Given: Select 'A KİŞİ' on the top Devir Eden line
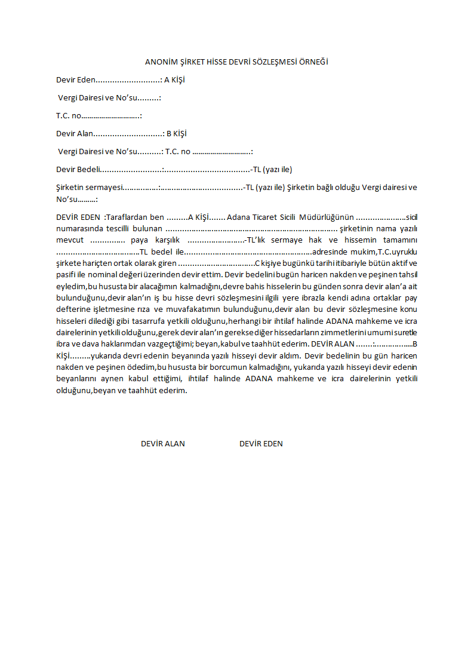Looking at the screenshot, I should tap(174, 79).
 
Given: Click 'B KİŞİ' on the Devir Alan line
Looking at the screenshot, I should tap(177, 133).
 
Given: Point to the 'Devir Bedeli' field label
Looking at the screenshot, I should tap(78, 169).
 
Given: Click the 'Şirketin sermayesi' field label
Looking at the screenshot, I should tap(89, 187).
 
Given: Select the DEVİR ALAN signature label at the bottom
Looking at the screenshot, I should tap(162, 443).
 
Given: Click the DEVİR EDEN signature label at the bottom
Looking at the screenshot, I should tap(261, 443).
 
